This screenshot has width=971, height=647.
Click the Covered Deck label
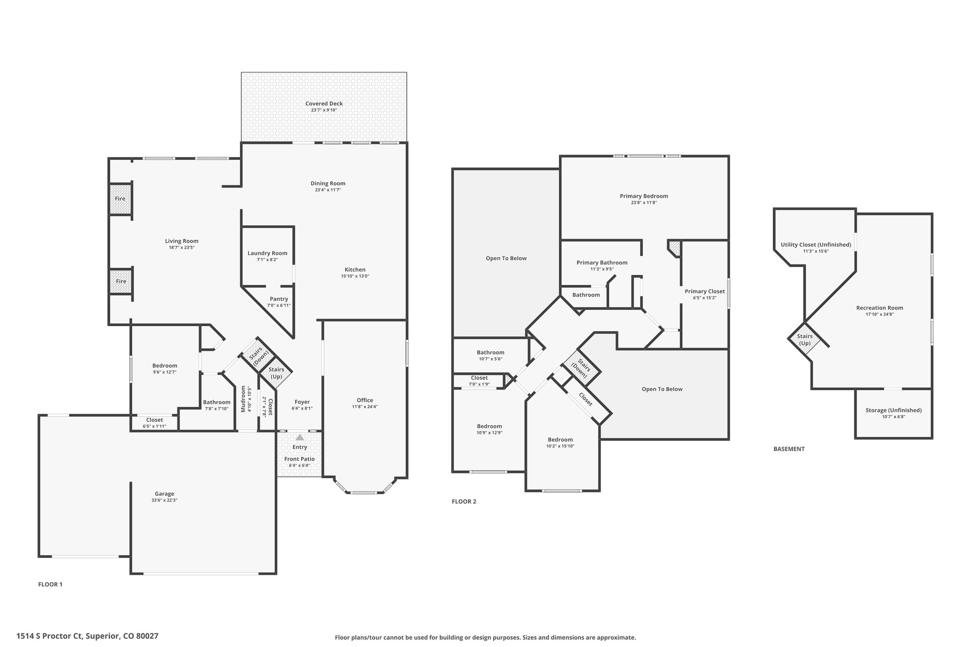tap(324, 104)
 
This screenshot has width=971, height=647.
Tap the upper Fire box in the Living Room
tap(120, 199)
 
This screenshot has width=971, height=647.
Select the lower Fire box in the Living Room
tap(121, 281)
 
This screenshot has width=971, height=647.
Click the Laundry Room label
tap(267, 253)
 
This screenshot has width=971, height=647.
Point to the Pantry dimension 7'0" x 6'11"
tap(279, 305)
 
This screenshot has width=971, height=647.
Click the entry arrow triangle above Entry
tap(300, 437)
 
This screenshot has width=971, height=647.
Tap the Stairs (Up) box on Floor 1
tap(276, 373)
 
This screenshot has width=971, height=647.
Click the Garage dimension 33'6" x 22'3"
tap(164, 500)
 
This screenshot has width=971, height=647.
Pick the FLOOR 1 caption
tap(50, 584)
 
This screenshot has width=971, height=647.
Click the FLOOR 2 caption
tap(464, 501)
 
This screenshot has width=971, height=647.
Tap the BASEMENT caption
tap(789, 449)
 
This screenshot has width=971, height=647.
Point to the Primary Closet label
tap(705, 292)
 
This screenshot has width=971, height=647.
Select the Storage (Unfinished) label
tap(893, 410)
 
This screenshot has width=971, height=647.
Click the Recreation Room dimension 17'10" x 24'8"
tap(879, 314)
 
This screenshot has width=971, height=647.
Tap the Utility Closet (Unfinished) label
tap(815, 245)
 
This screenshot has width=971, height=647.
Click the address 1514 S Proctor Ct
tap(50, 636)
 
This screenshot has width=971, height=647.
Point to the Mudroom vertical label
tap(243, 399)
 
